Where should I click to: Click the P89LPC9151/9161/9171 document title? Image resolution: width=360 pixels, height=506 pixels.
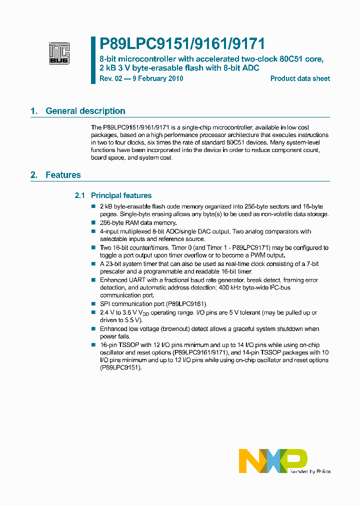click(178, 44)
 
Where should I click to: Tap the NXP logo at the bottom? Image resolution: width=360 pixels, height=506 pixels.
click(273, 461)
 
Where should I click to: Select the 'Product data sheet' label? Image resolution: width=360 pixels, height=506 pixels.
click(300, 78)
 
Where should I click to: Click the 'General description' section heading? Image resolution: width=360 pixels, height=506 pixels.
click(85, 111)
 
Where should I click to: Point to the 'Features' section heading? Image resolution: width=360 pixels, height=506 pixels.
click(63, 175)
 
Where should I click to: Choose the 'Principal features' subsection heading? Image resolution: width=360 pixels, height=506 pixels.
click(121, 195)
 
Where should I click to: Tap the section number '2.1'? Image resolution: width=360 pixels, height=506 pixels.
click(80, 195)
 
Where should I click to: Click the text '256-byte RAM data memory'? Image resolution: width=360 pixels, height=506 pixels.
click(138, 223)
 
